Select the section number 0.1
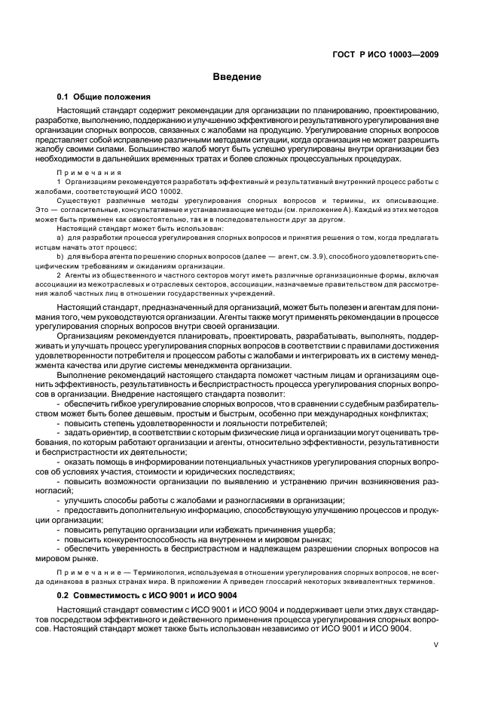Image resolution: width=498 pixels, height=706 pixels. [63, 97]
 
